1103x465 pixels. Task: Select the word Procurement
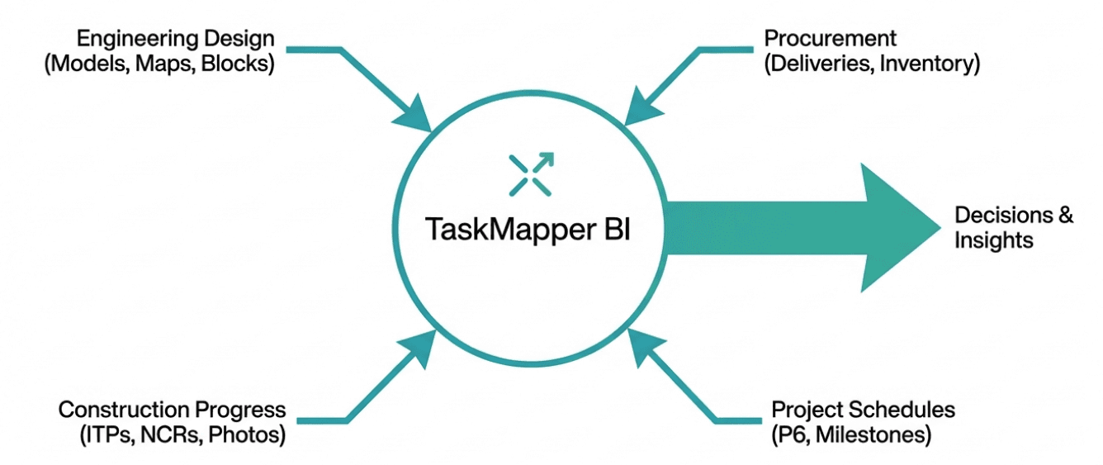pos(830,39)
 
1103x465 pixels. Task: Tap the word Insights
pos(993,240)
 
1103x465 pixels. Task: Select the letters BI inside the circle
pos(612,228)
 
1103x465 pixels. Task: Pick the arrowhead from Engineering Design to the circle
pos(417,116)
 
